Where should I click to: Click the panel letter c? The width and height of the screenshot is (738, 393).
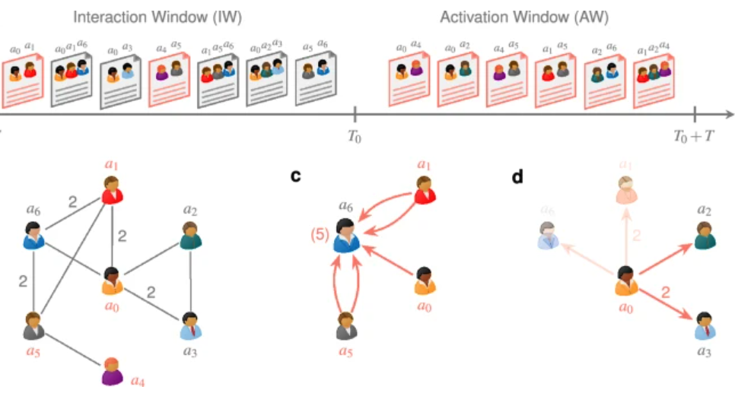click(x=297, y=176)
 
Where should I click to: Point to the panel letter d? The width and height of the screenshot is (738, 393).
click(x=518, y=176)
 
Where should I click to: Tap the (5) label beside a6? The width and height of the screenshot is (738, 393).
click(x=320, y=235)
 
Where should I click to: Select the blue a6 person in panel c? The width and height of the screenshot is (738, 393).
click(x=348, y=234)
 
